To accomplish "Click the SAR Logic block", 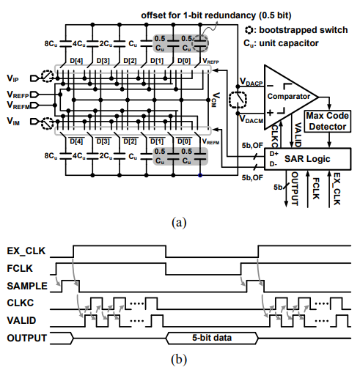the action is pos(308,159).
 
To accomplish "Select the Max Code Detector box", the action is pos(328,121).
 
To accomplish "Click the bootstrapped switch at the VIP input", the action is pos(47,76).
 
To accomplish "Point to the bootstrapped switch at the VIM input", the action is pos(47,123).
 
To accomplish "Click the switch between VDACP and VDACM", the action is pos(238,100).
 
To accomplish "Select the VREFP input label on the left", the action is pos(18,95).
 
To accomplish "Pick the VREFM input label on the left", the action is pos(18,105).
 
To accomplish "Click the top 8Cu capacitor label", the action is pos(51,44).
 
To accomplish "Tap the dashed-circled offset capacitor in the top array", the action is pos(200,44).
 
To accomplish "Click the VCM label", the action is pos(216,100).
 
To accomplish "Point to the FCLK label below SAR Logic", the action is pos(315,188).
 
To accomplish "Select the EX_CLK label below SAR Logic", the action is pos(337,189).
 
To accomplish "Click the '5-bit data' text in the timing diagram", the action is pos(212,338).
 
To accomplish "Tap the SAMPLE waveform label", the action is pos(27,286).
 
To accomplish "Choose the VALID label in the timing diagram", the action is pos(21,320).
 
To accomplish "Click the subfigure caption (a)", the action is pos(179,223).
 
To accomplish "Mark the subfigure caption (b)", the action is pos(179,359).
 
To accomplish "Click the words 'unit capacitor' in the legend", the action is pos(289,43).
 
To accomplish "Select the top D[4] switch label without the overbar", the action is pos(76,61).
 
